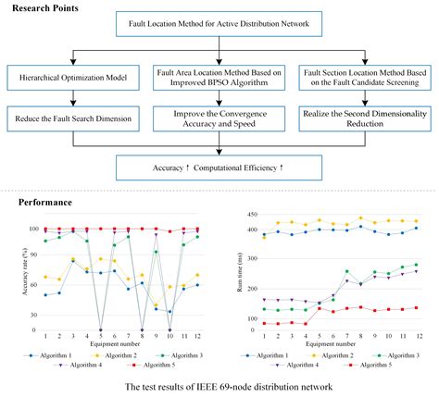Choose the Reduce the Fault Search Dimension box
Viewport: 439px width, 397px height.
72,117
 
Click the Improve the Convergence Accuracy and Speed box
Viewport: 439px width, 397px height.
219,117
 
